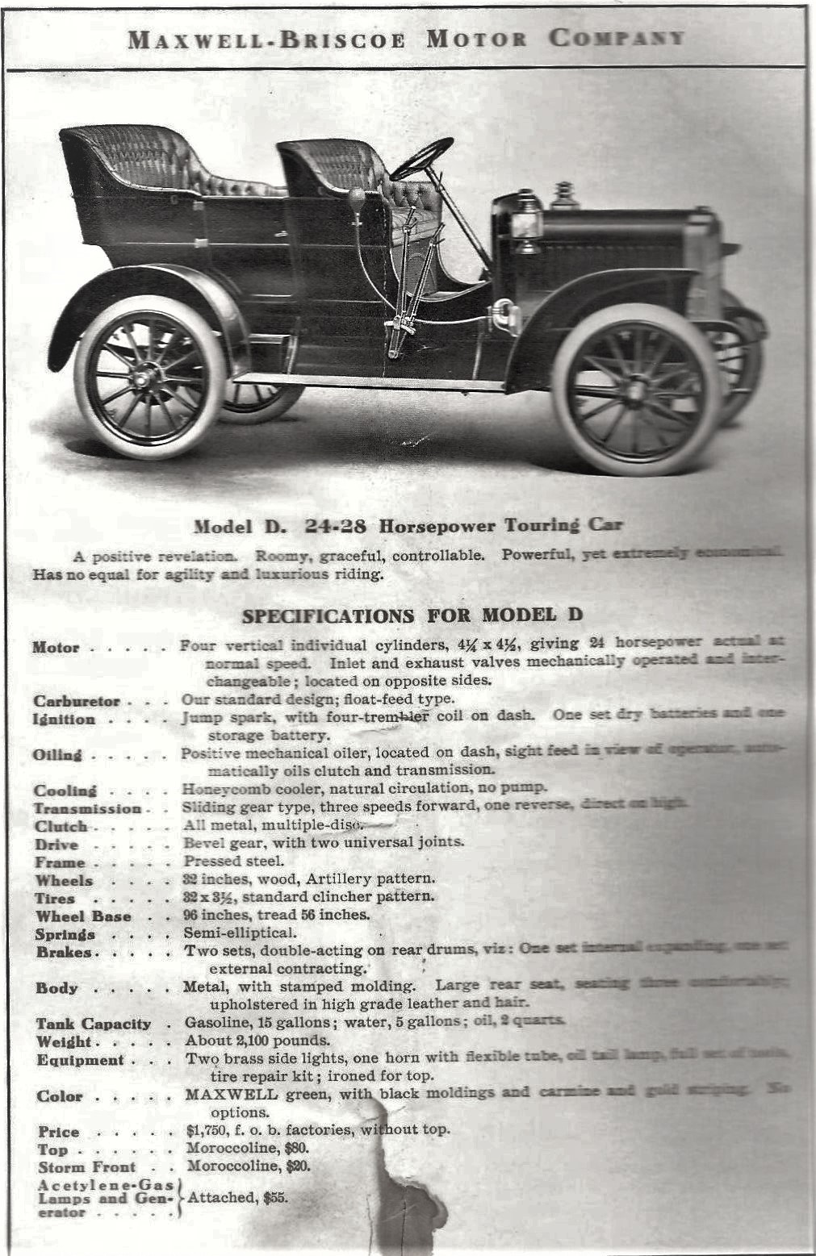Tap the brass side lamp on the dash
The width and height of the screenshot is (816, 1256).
pos(527,219)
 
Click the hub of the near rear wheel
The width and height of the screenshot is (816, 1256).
pos(148,377)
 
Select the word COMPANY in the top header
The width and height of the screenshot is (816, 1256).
pos(617,38)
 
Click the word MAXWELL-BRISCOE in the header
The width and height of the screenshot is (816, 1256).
pos(266,39)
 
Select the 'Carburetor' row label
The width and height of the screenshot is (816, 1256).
pos(77,701)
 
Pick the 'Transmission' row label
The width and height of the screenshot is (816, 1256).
pos(87,808)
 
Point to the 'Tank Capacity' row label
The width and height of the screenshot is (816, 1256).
pos(93,1024)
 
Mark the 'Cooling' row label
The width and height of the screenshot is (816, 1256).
pos(65,791)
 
